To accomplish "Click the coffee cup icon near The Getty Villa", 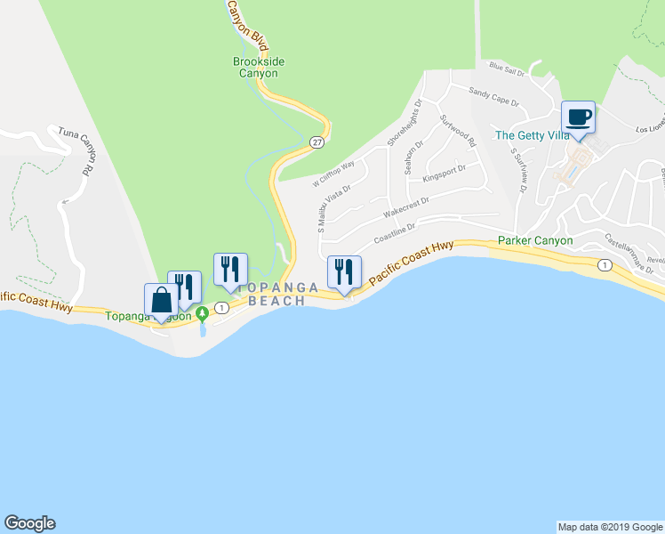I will pyautogui.click(x=578, y=117).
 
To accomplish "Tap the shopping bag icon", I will pyautogui.click(x=162, y=300).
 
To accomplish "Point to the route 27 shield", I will pyautogui.click(x=316, y=142).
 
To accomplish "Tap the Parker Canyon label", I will pyautogui.click(x=534, y=240).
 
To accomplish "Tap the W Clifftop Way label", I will pyautogui.click(x=333, y=174).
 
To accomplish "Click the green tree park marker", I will pyautogui.click(x=203, y=311).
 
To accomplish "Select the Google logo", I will pyautogui.click(x=29, y=523).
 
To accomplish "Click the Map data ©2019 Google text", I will pyautogui.click(x=610, y=527).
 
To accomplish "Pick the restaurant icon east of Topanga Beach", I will pyautogui.click(x=343, y=271).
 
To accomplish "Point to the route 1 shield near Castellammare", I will pyautogui.click(x=605, y=265).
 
